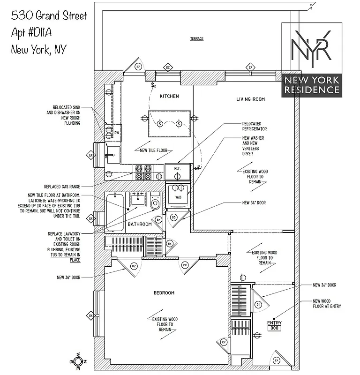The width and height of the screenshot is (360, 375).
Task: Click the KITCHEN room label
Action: [169, 96]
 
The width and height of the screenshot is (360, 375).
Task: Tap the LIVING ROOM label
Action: [250, 99]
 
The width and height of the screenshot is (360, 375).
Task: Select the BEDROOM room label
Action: [164, 293]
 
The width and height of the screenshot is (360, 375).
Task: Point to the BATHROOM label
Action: [140, 225]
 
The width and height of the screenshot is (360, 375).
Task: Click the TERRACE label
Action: [196, 38]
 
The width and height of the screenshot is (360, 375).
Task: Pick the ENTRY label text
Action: [274, 323]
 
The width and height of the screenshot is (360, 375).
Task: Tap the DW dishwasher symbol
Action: [117, 133]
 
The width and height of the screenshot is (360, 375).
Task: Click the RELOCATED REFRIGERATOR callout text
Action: [255, 126]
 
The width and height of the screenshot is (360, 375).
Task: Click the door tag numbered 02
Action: [134, 266]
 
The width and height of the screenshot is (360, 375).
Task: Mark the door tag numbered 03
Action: [173, 217]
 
